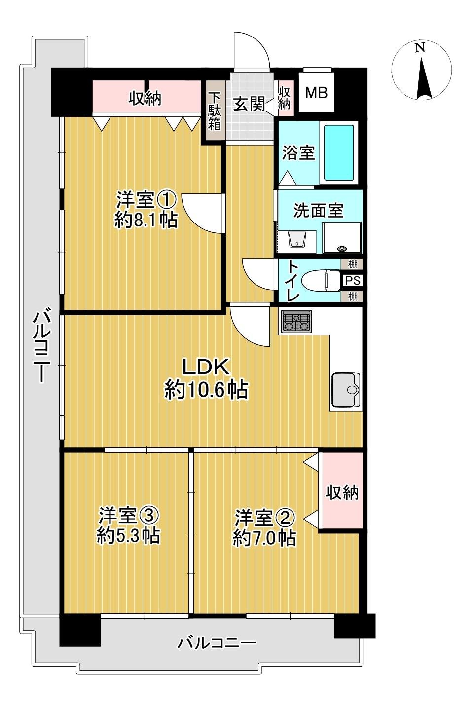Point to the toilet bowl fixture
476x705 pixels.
pyautogui.click(x=320, y=280)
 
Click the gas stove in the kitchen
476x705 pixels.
pyautogui.click(x=296, y=322)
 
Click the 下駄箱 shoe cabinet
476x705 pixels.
pyautogui.click(x=214, y=111)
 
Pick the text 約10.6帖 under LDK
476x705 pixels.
pyautogui.click(x=206, y=391)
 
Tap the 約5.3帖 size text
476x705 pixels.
pyautogui.click(x=128, y=536)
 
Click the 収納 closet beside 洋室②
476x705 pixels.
pyautogui.click(x=342, y=492)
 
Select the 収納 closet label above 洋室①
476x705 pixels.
pyautogui.click(x=145, y=99)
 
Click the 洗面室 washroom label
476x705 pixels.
pyautogui.click(x=318, y=211)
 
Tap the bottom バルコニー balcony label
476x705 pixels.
pyautogui.click(x=217, y=643)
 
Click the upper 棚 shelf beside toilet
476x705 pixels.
pyautogui.click(x=352, y=264)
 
